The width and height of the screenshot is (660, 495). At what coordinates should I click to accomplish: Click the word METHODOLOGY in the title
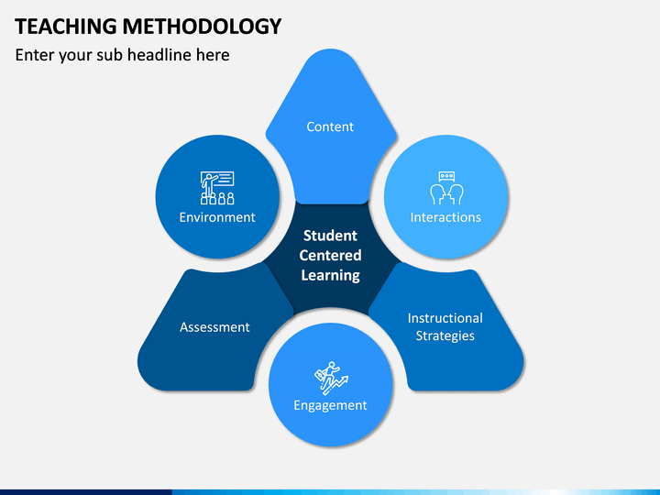click(203, 26)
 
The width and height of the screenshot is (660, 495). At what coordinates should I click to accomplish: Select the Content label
click(330, 126)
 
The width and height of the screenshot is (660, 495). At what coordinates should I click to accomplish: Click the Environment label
click(217, 217)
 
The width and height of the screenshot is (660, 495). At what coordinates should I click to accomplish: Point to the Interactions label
click(445, 217)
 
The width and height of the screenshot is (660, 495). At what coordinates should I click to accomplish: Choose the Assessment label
click(214, 326)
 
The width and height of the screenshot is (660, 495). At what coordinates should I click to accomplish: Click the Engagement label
click(330, 405)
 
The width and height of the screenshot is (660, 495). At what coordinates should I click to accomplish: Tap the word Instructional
click(445, 318)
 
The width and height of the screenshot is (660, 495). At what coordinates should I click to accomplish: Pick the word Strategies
click(445, 335)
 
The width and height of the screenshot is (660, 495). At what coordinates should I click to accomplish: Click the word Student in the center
click(330, 236)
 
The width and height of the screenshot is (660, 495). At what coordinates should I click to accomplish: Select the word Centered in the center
click(330, 255)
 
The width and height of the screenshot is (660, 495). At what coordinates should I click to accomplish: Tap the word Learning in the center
click(330, 275)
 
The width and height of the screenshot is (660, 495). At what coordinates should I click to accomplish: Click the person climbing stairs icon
click(330, 378)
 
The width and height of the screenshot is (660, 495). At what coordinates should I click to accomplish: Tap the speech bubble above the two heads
click(446, 176)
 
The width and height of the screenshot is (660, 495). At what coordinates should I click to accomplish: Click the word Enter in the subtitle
click(36, 55)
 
